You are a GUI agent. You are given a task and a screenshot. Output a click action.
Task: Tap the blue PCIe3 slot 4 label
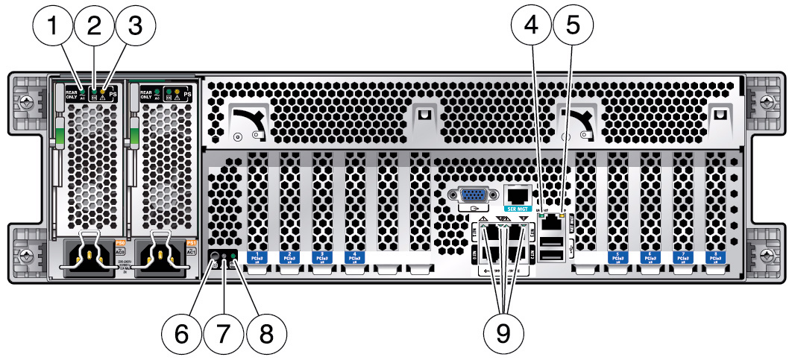[x=353, y=256]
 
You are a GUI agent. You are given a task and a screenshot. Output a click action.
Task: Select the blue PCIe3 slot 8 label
[x=715, y=256]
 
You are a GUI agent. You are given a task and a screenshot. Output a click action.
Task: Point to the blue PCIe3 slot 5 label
[x=618, y=256]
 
